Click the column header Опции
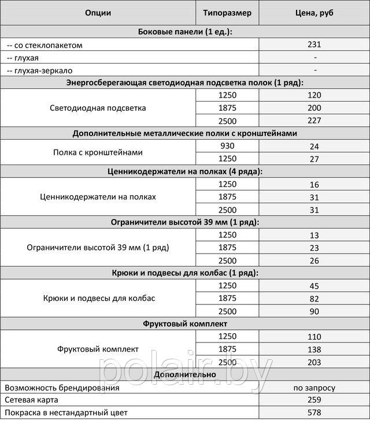[98, 13]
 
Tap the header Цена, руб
[314, 13]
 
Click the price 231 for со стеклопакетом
[314, 44]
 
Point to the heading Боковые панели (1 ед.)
[186, 32]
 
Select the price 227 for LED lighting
[314, 121]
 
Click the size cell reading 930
[227, 146]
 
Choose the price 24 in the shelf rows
[314, 147]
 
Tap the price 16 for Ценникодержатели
[314, 185]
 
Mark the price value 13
[314, 235]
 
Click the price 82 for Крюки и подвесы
[314, 299]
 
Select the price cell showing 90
[314, 311]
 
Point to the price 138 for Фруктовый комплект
[314, 349]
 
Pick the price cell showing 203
[314, 362]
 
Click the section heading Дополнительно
[186, 375]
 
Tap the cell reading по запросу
[314, 388]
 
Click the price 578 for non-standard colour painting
[314, 413]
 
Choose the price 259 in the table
[314, 400]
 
